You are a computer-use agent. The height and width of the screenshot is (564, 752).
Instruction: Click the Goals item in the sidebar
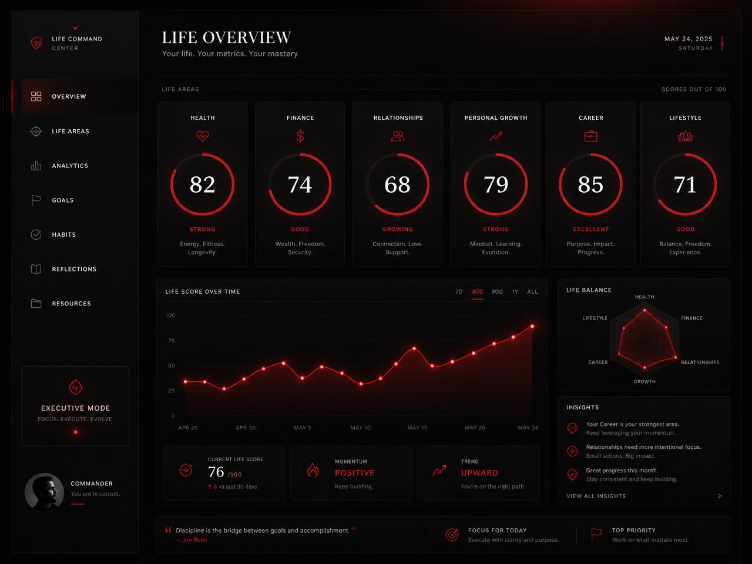point(62,200)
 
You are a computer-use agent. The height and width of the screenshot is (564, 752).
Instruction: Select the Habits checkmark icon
point(36,234)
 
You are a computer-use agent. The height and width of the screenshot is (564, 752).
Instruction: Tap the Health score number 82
point(202,184)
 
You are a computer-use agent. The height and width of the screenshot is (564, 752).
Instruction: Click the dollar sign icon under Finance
point(300,136)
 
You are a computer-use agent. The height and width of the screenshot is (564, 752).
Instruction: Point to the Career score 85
point(590,184)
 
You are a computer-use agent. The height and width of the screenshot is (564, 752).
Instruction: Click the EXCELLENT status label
point(590,229)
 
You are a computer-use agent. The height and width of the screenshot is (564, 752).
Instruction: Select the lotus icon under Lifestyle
point(685,136)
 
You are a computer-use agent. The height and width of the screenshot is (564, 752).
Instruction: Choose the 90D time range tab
point(497,292)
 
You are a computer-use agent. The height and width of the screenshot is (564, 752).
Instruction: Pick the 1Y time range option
point(515,292)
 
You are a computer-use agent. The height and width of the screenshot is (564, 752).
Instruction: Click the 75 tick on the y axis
point(172,341)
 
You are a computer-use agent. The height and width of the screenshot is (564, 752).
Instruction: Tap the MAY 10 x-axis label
point(360,428)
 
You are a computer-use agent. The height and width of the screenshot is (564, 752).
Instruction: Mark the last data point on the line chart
point(532,326)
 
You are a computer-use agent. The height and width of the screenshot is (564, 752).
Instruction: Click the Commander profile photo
point(44,492)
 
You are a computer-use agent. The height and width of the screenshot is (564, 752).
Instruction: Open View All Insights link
point(596,496)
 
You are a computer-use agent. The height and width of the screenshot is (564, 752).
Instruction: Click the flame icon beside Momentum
point(313,470)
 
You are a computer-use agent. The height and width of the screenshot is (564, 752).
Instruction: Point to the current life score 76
point(216,472)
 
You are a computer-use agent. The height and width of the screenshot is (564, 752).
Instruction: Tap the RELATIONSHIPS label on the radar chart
point(700,362)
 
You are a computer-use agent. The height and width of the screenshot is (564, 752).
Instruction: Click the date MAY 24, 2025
point(689,39)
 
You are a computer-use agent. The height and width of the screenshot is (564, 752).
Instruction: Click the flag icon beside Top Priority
point(596,534)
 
